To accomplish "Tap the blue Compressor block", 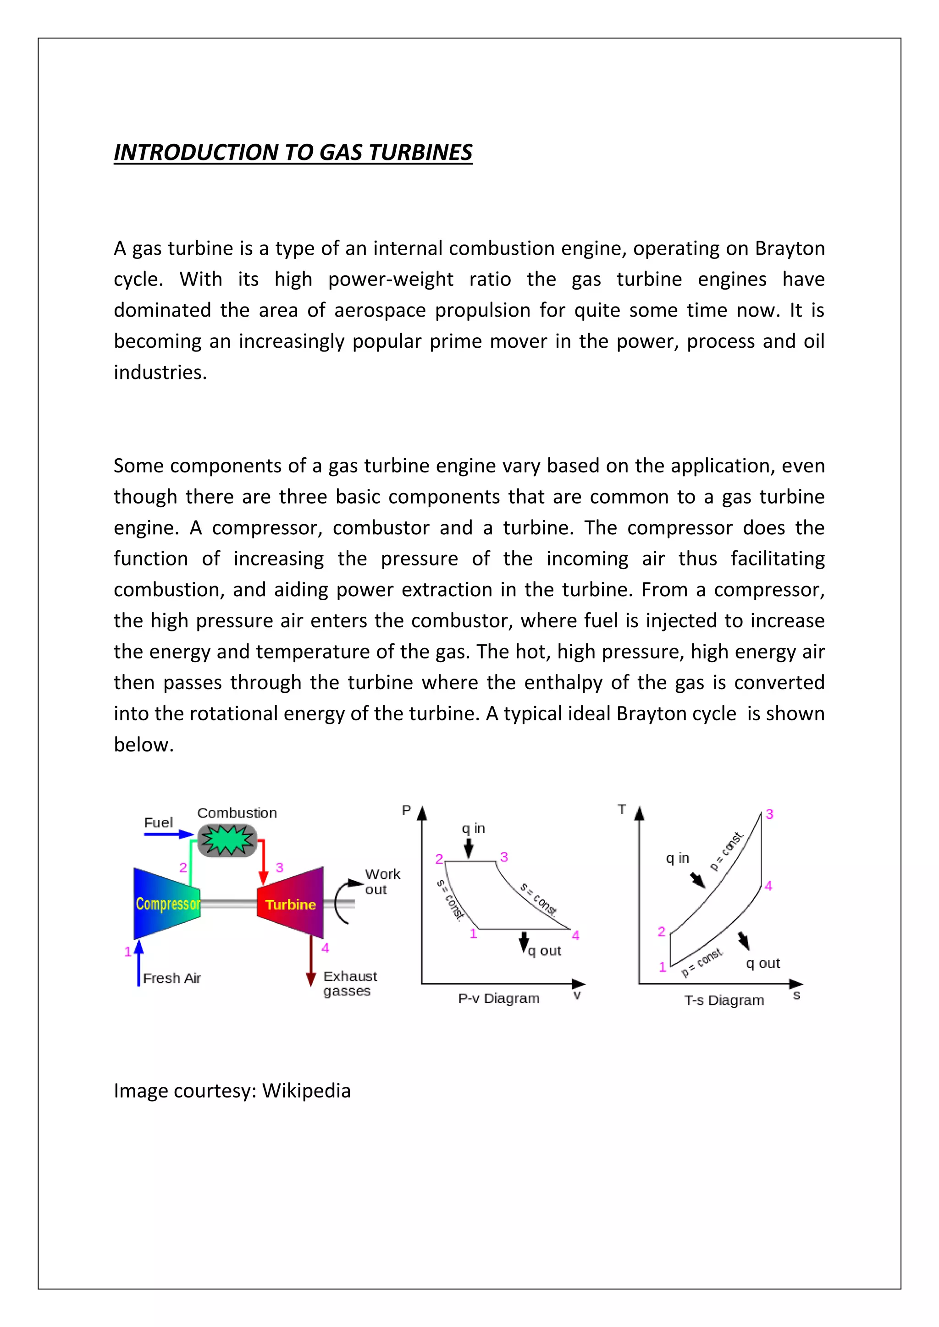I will click(166, 903).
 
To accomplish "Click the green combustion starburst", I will click(227, 840).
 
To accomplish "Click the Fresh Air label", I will click(172, 978).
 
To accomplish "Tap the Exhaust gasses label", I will click(349, 983).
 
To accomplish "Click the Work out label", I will click(382, 882).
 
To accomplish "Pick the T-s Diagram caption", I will click(724, 1000).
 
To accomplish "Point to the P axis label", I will click(407, 810).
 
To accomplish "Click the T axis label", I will click(622, 809).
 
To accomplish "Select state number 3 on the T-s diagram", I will click(769, 814).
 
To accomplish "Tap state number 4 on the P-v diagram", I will click(575, 935).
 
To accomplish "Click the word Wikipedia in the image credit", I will click(306, 1091).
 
